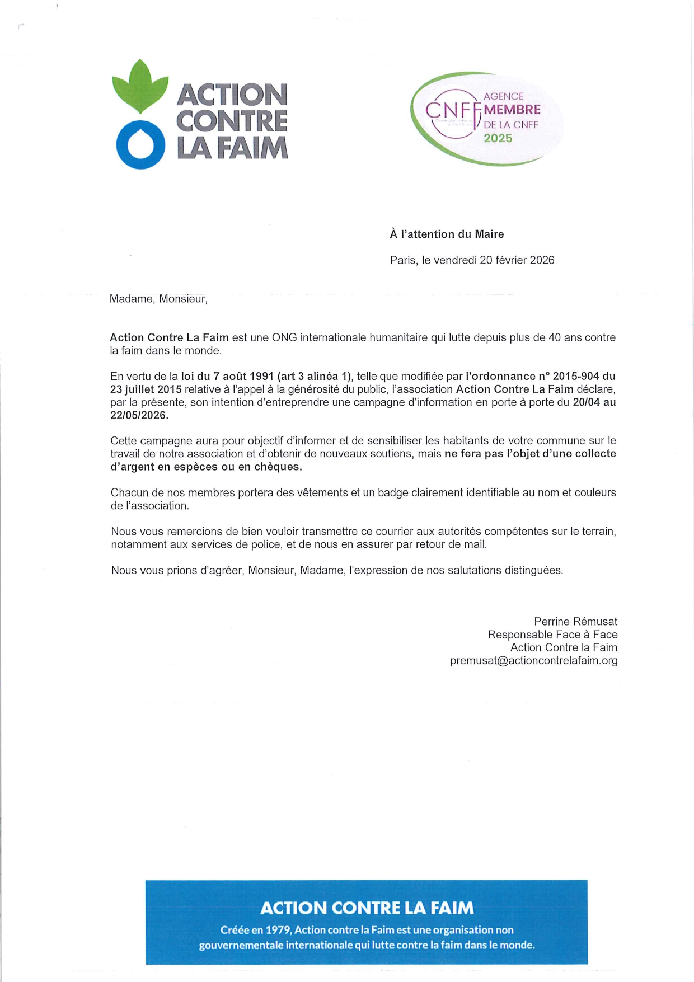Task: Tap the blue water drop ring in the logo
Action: pyautogui.click(x=140, y=145)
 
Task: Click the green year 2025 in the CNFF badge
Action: pyautogui.click(x=498, y=138)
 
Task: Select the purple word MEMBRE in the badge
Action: pyautogui.click(x=512, y=110)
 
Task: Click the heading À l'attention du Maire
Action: pyautogui.click(x=447, y=234)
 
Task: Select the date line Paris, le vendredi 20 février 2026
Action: pyautogui.click(x=472, y=260)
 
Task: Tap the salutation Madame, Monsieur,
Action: pyautogui.click(x=158, y=299)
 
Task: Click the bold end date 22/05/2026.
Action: pyautogui.click(x=139, y=415)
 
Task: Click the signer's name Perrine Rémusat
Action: pyautogui.click(x=575, y=622)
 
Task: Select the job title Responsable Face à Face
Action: pyautogui.click(x=552, y=635)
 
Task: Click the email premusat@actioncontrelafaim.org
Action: pyautogui.click(x=533, y=661)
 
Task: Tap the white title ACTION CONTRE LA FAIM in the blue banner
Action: pyautogui.click(x=367, y=908)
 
